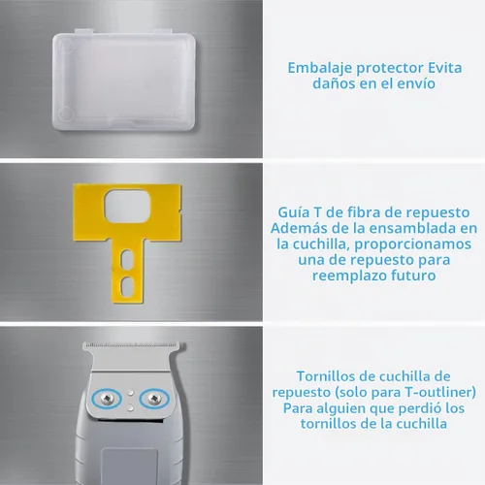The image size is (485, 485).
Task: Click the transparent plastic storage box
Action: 124,80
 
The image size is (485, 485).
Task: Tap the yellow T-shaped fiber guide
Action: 127,226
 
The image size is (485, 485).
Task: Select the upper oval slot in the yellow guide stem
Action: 126,260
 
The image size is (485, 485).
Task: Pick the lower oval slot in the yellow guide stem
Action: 126,286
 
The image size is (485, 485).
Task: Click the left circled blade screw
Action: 107,399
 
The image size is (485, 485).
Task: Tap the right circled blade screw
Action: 154,399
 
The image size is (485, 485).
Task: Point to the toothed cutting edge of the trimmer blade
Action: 134,343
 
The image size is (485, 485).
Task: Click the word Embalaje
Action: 320,69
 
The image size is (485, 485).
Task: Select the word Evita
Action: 444,68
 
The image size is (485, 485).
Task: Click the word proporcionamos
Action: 413,244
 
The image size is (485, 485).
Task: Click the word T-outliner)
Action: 440,393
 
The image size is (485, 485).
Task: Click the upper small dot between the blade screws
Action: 131,393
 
